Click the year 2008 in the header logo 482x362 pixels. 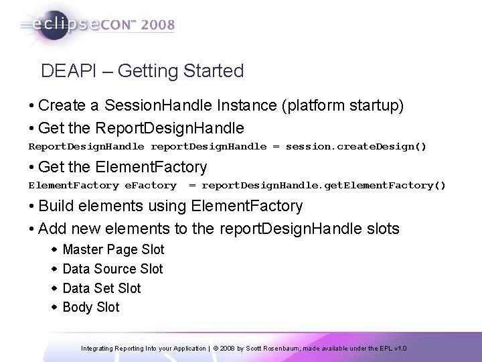pyautogui.click(x=156, y=25)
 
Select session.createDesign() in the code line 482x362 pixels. pyautogui.click(x=355, y=145)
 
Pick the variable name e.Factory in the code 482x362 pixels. pyautogui.click(x=151, y=185)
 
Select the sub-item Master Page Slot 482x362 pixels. pyautogui.click(x=112, y=249)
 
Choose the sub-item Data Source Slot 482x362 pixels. pyautogui.click(x=112, y=269)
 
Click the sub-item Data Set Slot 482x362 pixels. pyautogui.click(x=101, y=288)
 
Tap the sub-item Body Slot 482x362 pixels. pyautogui.click(x=90, y=307)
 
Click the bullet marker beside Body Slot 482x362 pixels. pyautogui.click(x=54, y=307)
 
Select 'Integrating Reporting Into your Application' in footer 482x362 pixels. pyautogui.click(x=143, y=349)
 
